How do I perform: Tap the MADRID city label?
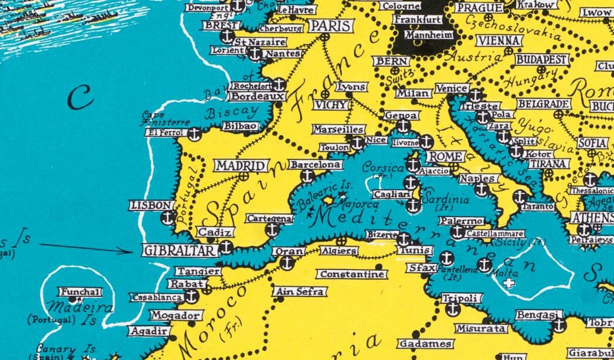point(241,166)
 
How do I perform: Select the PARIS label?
point(331,26)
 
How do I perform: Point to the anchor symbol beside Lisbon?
point(168,219)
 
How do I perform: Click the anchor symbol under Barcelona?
point(307,176)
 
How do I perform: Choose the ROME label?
point(445,157)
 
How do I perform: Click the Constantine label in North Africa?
point(351,274)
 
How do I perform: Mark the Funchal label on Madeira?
point(80,292)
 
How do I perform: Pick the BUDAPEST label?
point(541,59)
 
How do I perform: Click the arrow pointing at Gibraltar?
point(88,248)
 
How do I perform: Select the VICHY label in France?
point(331,105)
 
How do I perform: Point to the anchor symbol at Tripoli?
point(453,309)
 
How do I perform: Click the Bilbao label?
point(240,125)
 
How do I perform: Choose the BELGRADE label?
point(543,104)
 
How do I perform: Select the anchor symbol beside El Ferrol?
point(194,134)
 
